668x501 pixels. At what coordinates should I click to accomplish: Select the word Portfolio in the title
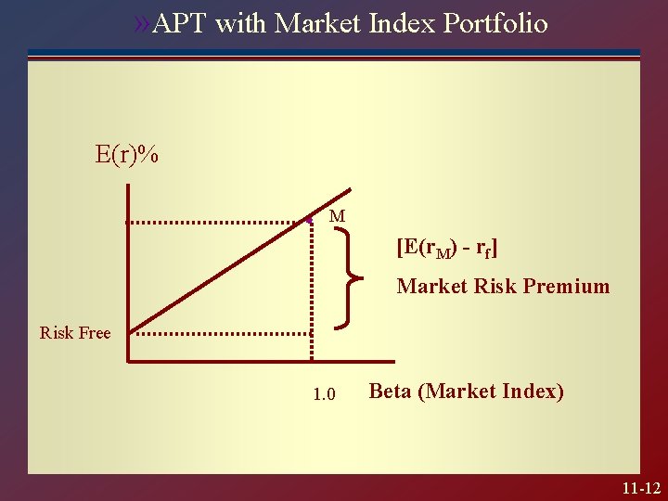point(495,23)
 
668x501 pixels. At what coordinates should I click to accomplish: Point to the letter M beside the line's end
point(338,216)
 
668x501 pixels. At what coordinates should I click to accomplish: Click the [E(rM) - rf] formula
point(446,249)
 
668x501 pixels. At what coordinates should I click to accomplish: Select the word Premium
point(566,286)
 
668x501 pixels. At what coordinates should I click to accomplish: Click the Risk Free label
point(75,333)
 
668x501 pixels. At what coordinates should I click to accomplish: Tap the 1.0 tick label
point(324,394)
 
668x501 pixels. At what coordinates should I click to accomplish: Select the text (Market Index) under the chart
point(491,391)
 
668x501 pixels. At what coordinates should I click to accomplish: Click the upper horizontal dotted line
point(218,223)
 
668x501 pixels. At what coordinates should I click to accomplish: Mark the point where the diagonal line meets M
point(309,221)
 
